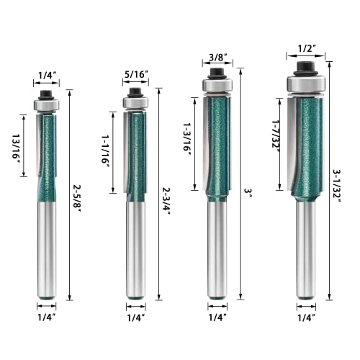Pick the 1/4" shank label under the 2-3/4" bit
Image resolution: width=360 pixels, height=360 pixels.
(x=134, y=317)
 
